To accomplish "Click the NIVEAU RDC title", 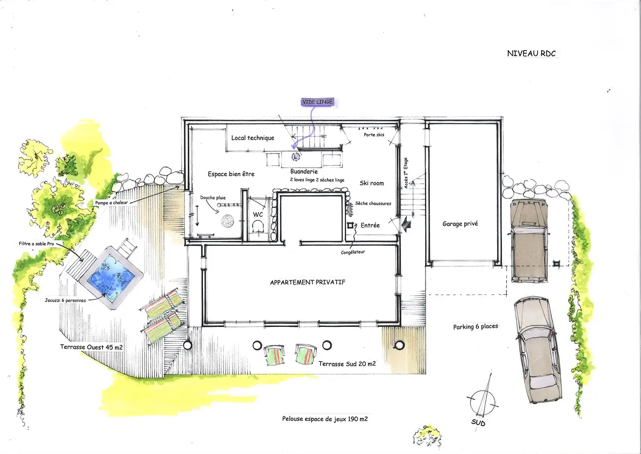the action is [x=532, y=54].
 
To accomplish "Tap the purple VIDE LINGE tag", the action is [x=317, y=102].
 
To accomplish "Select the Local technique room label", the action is [x=253, y=138].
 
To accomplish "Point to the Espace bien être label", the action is [x=231, y=174].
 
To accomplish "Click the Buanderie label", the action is [x=304, y=172].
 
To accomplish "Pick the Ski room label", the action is [x=372, y=183].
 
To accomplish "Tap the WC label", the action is [x=257, y=215].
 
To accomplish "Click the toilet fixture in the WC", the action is [x=258, y=227].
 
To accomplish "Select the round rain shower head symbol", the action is [x=228, y=221].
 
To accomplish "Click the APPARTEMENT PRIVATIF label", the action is [x=308, y=282].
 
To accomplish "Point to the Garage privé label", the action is [x=460, y=224].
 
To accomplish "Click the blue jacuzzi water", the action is [x=111, y=277].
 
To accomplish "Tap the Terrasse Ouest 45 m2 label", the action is [x=91, y=347].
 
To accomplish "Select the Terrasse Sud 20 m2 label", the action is [x=347, y=364].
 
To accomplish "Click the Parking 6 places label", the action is [x=476, y=327].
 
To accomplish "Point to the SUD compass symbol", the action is [x=482, y=402].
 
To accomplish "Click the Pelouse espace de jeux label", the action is [x=325, y=419].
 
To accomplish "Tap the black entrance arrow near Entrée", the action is [x=406, y=224].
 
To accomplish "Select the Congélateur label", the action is [x=353, y=252].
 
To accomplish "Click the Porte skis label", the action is [x=374, y=135].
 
